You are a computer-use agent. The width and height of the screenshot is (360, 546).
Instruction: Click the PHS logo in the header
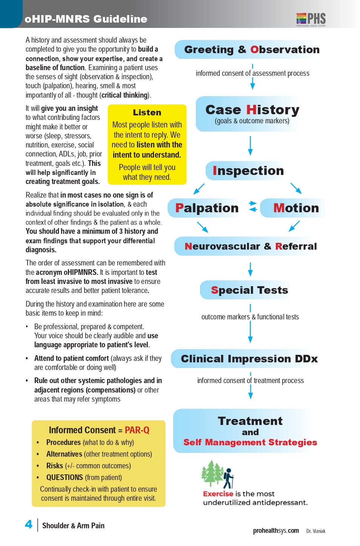(311, 19)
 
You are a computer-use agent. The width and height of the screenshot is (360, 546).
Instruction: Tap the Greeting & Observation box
(251, 50)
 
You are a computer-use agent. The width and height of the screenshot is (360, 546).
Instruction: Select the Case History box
(251, 113)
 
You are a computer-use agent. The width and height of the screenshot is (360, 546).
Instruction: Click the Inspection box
(248, 171)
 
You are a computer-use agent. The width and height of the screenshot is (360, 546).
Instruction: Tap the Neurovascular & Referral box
(251, 246)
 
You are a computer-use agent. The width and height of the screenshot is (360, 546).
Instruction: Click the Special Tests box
(249, 290)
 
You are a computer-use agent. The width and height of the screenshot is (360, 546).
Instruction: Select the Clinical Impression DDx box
(249, 359)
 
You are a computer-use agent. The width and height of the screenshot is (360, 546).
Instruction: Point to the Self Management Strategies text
(250, 442)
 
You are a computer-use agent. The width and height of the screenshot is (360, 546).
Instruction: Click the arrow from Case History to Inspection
(250, 146)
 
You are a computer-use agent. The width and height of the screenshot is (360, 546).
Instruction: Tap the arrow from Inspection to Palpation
(199, 189)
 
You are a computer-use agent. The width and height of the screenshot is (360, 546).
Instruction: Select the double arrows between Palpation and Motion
(253, 207)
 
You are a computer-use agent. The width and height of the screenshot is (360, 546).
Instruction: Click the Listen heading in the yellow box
(147, 112)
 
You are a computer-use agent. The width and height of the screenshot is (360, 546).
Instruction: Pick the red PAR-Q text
(137, 430)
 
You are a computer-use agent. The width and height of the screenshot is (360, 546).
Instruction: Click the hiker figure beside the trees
(228, 478)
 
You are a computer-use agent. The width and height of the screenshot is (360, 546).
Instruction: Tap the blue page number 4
(29, 524)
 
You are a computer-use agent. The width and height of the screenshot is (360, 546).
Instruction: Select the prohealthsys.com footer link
(276, 531)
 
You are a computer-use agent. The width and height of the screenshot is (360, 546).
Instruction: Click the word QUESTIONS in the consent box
(65, 477)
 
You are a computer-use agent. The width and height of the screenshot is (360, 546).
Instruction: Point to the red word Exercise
(218, 494)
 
